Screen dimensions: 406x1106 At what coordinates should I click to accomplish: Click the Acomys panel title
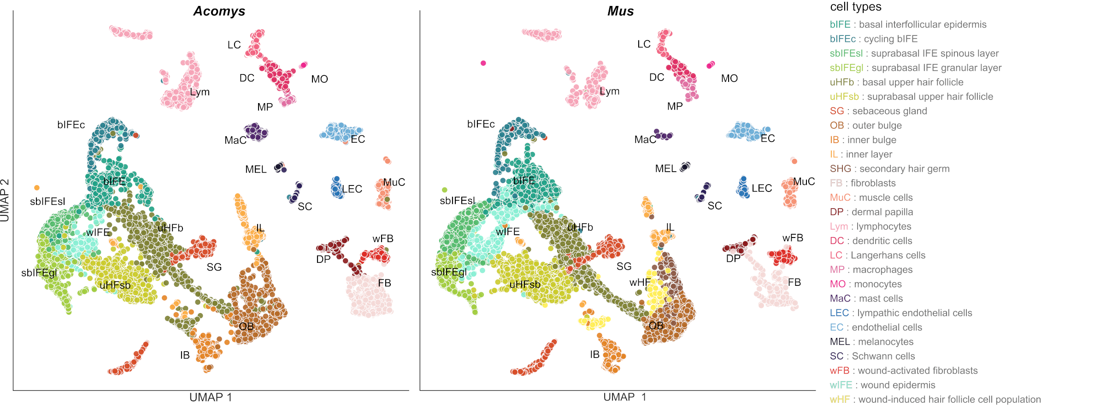click(x=219, y=11)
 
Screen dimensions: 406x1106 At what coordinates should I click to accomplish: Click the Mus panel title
click(x=620, y=11)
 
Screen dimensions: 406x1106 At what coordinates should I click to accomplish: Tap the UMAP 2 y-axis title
click(x=5, y=200)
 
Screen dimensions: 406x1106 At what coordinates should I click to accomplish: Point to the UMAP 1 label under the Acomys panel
click(x=211, y=397)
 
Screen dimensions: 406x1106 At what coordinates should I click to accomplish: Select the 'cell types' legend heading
click(x=856, y=7)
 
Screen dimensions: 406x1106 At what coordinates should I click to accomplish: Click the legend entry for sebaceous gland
click(x=878, y=111)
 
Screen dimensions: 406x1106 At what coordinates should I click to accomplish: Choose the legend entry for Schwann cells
click(x=872, y=356)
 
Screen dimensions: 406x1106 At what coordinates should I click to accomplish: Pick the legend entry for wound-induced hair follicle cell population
click(x=935, y=400)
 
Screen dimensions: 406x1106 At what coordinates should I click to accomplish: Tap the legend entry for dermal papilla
click(x=871, y=212)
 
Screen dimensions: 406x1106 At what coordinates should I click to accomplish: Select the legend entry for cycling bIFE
click(x=874, y=39)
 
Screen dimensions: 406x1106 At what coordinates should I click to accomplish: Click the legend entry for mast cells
click(x=866, y=298)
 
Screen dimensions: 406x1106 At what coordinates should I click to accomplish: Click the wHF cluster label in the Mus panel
click(x=640, y=283)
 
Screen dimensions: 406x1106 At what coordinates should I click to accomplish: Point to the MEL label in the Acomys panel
click(x=256, y=169)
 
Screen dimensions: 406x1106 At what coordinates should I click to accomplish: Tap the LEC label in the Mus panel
click(x=761, y=188)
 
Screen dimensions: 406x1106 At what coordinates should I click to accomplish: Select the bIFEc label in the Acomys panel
click(x=71, y=125)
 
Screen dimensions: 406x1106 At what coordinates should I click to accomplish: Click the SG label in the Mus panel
click(x=624, y=267)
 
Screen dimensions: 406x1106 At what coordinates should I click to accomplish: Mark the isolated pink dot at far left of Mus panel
click(x=483, y=63)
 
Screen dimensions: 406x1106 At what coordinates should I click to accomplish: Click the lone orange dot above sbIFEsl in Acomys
click(x=37, y=188)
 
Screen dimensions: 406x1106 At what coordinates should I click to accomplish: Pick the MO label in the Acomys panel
click(x=319, y=79)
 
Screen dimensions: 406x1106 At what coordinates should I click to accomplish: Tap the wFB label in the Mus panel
click(x=793, y=238)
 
